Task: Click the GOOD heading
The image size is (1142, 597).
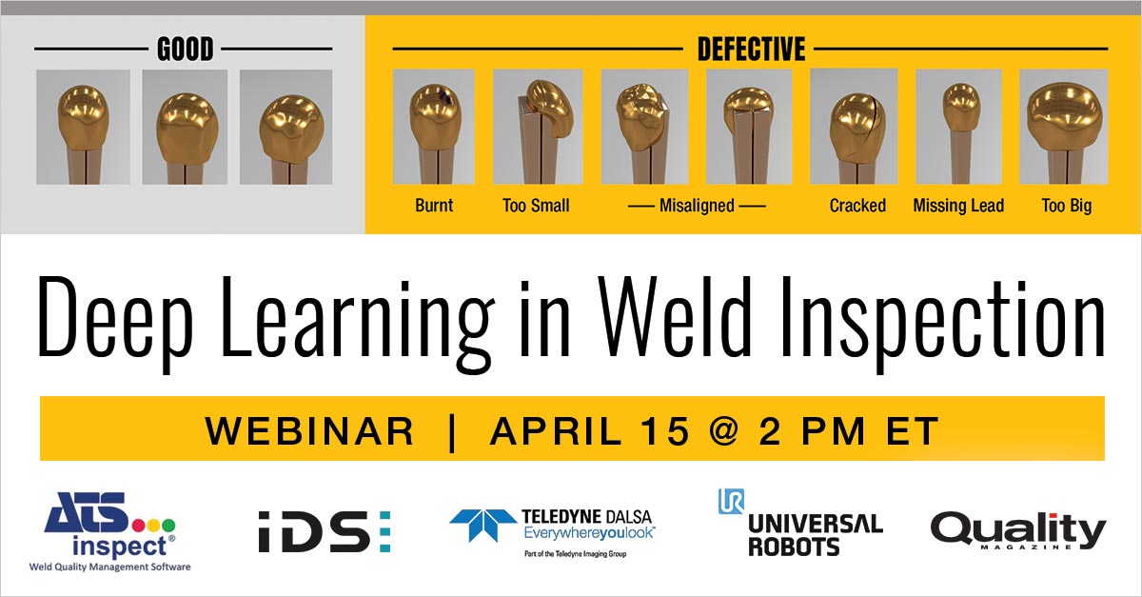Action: (186, 49)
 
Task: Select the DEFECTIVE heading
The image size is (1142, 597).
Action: (751, 49)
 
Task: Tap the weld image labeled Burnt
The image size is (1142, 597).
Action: (433, 127)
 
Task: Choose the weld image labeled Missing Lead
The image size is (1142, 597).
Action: (958, 127)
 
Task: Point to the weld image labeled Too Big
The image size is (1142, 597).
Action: (1063, 127)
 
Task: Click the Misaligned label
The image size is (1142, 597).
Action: (697, 206)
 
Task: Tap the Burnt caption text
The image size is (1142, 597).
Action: (434, 206)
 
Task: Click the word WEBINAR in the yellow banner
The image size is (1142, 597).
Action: (309, 431)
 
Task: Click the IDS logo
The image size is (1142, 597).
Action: (324, 530)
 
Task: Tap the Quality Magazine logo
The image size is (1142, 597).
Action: (1017, 531)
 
